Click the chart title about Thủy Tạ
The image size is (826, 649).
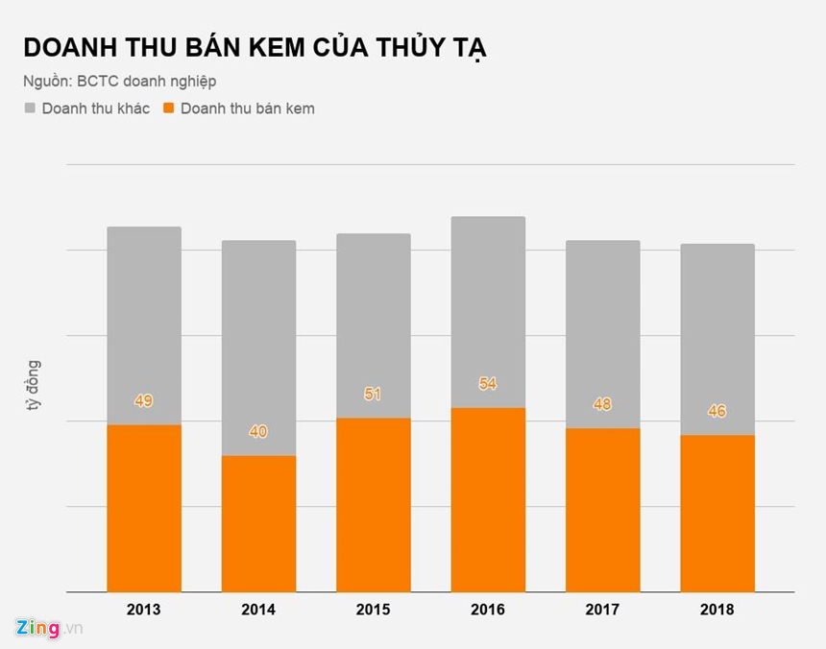pos(255,49)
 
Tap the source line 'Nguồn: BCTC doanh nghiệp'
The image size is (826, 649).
pos(120,82)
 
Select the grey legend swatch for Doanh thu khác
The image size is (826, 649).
pos(30,108)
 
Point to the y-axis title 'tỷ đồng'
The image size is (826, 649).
pos(34,387)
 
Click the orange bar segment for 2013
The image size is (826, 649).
pos(144,509)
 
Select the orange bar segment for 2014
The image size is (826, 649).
pos(258,524)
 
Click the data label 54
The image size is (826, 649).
pos(488,384)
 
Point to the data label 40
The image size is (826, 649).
pos(258,432)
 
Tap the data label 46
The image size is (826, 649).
pos(717,412)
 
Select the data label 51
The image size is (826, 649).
pos(374,394)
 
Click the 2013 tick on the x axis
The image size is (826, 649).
pos(144,610)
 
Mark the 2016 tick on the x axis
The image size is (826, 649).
pos(488,610)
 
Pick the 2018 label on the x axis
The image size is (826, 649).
pos(717,610)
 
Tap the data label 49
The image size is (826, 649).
pos(144,401)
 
